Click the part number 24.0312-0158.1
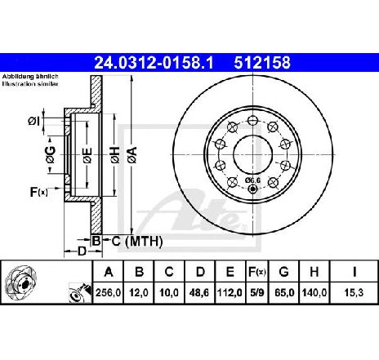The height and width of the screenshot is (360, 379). coord(154,63)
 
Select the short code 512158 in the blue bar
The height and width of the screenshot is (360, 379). coord(262,63)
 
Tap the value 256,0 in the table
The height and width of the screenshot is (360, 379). coord(108,292)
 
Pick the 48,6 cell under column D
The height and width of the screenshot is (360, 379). coord(199,292)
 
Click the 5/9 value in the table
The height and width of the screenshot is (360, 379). coord(257,292)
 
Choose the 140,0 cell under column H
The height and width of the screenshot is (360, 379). coord(314,292)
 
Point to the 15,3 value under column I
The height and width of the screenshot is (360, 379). coord(354,292)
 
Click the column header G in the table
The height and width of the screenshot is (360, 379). coord(283,272)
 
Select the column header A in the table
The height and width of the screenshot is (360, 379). coord(109,272)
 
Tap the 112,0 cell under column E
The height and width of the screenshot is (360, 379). coord(230,292)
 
